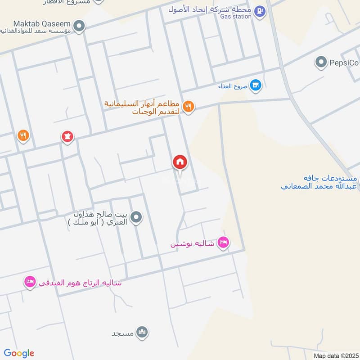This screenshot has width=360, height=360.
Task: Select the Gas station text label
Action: click(x=236, y=17)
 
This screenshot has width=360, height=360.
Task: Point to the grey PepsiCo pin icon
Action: click(x=321, y=62)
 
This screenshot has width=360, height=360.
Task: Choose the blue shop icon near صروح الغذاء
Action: click(x=256, y=85)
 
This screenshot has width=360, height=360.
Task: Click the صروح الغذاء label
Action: click(x=232, y=85)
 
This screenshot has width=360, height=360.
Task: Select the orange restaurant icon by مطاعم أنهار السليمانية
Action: click(x=189, y=107)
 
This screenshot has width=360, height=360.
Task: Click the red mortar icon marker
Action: click(x=67, y=136)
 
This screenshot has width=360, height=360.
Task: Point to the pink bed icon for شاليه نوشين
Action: click(x=223, y=243)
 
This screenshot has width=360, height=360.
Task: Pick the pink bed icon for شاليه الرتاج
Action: click(x=30, y=282)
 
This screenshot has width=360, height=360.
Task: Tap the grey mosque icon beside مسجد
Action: click(x=143, y=333)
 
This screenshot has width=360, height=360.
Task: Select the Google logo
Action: click(x=18, y=353)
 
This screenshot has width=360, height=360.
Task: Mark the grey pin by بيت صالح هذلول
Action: click(x=138, y=218)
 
